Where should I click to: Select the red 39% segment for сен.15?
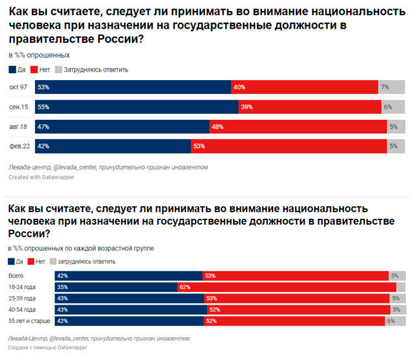[x=310, y=107]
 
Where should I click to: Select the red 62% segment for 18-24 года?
[x=287, y=287]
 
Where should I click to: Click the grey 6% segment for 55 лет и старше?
[x=395, y=321]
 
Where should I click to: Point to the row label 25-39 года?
[x=21, y=298]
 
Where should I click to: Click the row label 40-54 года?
[x=21, y=309]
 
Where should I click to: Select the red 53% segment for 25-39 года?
[x=297, y=298]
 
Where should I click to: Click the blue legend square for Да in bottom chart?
[x=12, y=261]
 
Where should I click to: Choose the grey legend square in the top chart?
[x=58, y=69]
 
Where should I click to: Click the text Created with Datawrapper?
[x=40, y=176]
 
